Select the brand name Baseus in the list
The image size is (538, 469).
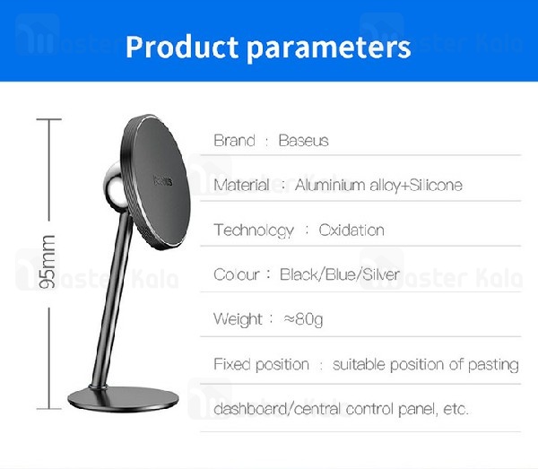(x=303, y=141)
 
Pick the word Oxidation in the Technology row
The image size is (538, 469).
(x=351, y=230)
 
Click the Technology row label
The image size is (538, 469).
(x=254, y=230)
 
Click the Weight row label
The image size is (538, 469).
(x=238, y=318)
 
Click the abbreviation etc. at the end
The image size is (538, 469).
(x=456, y=409)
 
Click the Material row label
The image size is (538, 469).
(x=241, y=186)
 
